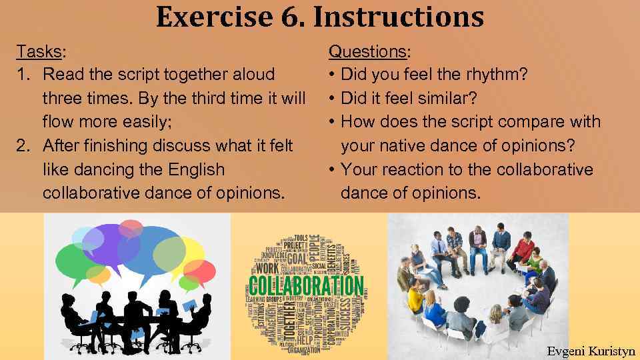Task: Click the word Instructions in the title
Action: point(398,17)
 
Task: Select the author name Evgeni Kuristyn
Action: point(589,351)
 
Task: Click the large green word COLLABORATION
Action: point(306,287)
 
